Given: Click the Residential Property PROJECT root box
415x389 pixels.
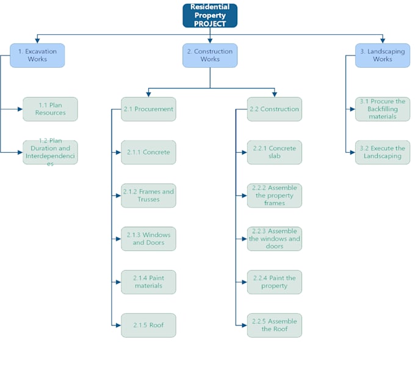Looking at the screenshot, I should pyautogui.click(x=210, y=16).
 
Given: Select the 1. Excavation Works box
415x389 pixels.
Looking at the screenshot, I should pyautogui.click(x=37, y=56).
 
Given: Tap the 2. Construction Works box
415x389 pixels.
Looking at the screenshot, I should pyautogui.click(x=210, y=56).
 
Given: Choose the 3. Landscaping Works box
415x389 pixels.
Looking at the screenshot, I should pyautogui.click(x=383, y=56).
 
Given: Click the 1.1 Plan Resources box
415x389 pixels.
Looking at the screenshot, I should pyautogui.click(x=51, y=109).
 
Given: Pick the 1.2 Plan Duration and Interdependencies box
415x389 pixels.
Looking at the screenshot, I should pyautogui.click(x=51, y=153).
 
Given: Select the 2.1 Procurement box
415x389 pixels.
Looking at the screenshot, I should pyautogui.click(x=149, y=109).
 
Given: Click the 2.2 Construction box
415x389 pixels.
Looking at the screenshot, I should pyautogui.click(x=275, y=109).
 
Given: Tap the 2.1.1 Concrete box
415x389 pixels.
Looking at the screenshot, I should pyautogui.click(x=149, y=153).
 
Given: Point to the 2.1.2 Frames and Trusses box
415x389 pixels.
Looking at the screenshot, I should pyautogui.click(x=149, y=195).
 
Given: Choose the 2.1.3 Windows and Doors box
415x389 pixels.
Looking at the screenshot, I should pyautogui.click(x=149, y=239).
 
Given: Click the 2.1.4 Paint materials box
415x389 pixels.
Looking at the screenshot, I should pyautogui.click(x=149, y=282).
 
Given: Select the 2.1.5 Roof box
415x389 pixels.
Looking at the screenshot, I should pyautogui.click(x=149, y=325).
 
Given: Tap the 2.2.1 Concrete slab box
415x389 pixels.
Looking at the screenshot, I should pyautogui.click(x=275, y=153).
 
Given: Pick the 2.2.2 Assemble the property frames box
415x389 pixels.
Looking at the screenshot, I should pyautogui.click(x=275, y=195).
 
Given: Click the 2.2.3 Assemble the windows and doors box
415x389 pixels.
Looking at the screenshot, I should pyautogui.click(x=275, y=239).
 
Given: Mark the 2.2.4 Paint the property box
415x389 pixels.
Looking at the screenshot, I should pyautogui.click(x=275, y=282).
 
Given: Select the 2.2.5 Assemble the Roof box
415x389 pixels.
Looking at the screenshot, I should pyautogui.click(x=275, y=325).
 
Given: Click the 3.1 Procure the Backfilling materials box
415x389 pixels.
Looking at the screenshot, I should pyautogui.click(x=383, y=109).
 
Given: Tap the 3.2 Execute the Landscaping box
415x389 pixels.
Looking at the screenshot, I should pyautogui.click(x=383, y=153).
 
